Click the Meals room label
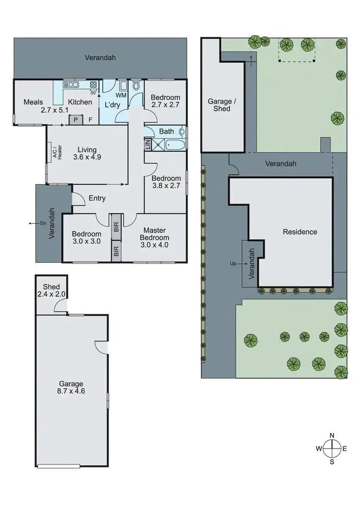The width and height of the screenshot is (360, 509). click(34, 102)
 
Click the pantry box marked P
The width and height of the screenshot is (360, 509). click(76, 119)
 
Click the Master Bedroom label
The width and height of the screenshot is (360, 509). click(154, 234)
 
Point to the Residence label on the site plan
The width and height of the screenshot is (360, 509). click(300, 232)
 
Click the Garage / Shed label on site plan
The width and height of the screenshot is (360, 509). click(218, 105)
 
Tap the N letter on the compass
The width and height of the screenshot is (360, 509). click(332, 436)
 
